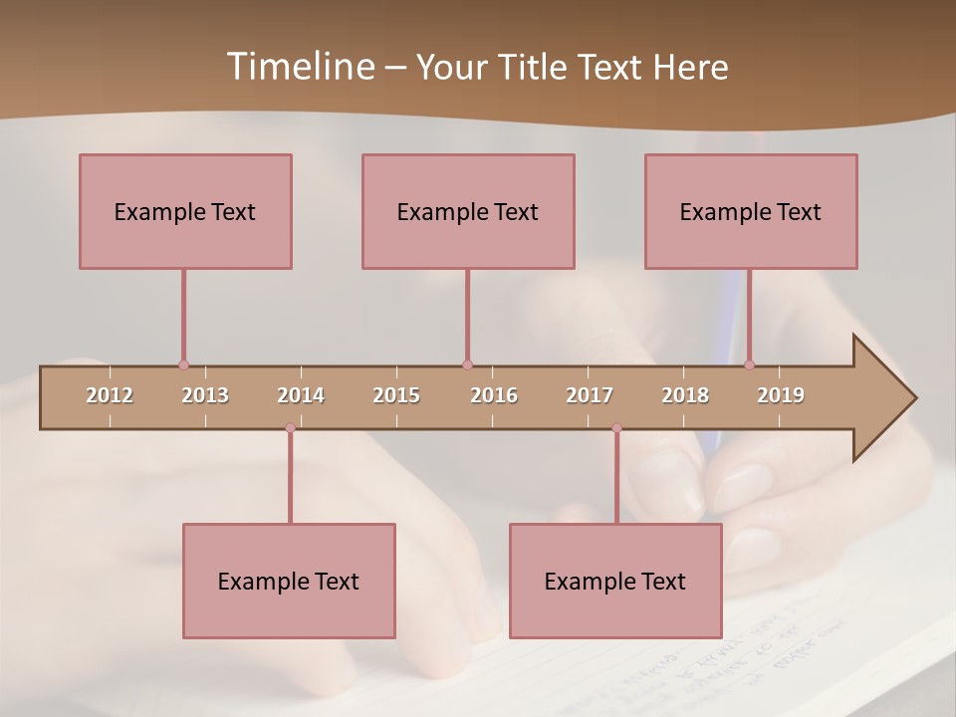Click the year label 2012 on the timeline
[110, 395]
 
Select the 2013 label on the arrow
[205, 395]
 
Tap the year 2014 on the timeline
[301, 395]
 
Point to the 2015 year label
[396, 395]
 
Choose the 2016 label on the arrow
[494, 395]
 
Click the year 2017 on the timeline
[590, 395]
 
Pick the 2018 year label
[685, 395]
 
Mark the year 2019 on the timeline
[781, 395]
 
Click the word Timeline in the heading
[299, 67]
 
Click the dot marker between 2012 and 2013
[183, 364]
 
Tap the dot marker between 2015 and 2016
[467, 364]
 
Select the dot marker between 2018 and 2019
[750, 364]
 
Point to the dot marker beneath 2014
[290, 428]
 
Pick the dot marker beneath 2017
[616, 428]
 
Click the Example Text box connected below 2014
[289, 581]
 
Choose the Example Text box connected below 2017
[615, 581]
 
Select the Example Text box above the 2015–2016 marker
[468, 211]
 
